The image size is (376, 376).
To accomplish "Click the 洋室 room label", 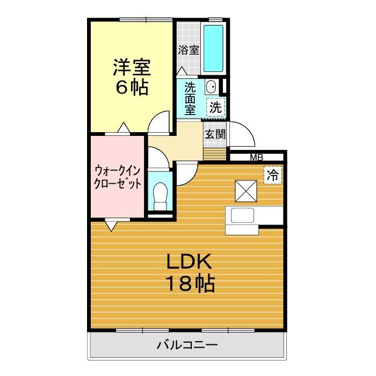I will click(132, 68).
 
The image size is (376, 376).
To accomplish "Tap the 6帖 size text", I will click(132, 88).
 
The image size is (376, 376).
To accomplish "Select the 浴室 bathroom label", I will click(189, 50).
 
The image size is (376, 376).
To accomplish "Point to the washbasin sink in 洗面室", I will click(212, 86).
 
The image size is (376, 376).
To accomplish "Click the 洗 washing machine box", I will click(216, 106).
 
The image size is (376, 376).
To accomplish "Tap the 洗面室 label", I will click(190, 98).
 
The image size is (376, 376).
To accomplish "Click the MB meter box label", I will click(256, 158).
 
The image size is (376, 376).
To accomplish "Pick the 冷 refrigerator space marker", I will click(273, 174).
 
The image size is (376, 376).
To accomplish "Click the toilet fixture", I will click(160, 196).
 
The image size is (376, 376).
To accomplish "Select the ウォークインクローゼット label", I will click(118, 177).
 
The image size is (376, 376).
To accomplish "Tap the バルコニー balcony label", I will click(187, 344).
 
